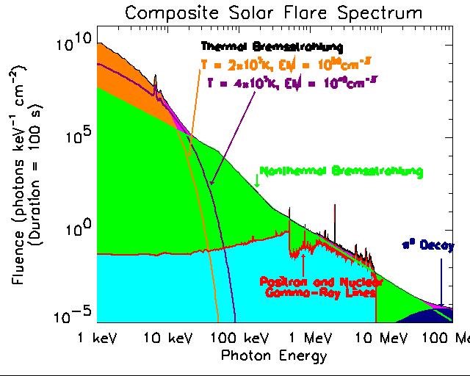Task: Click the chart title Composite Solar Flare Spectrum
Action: (273, 13)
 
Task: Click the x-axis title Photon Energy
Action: (274, 355)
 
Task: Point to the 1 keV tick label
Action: (98, 339)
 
